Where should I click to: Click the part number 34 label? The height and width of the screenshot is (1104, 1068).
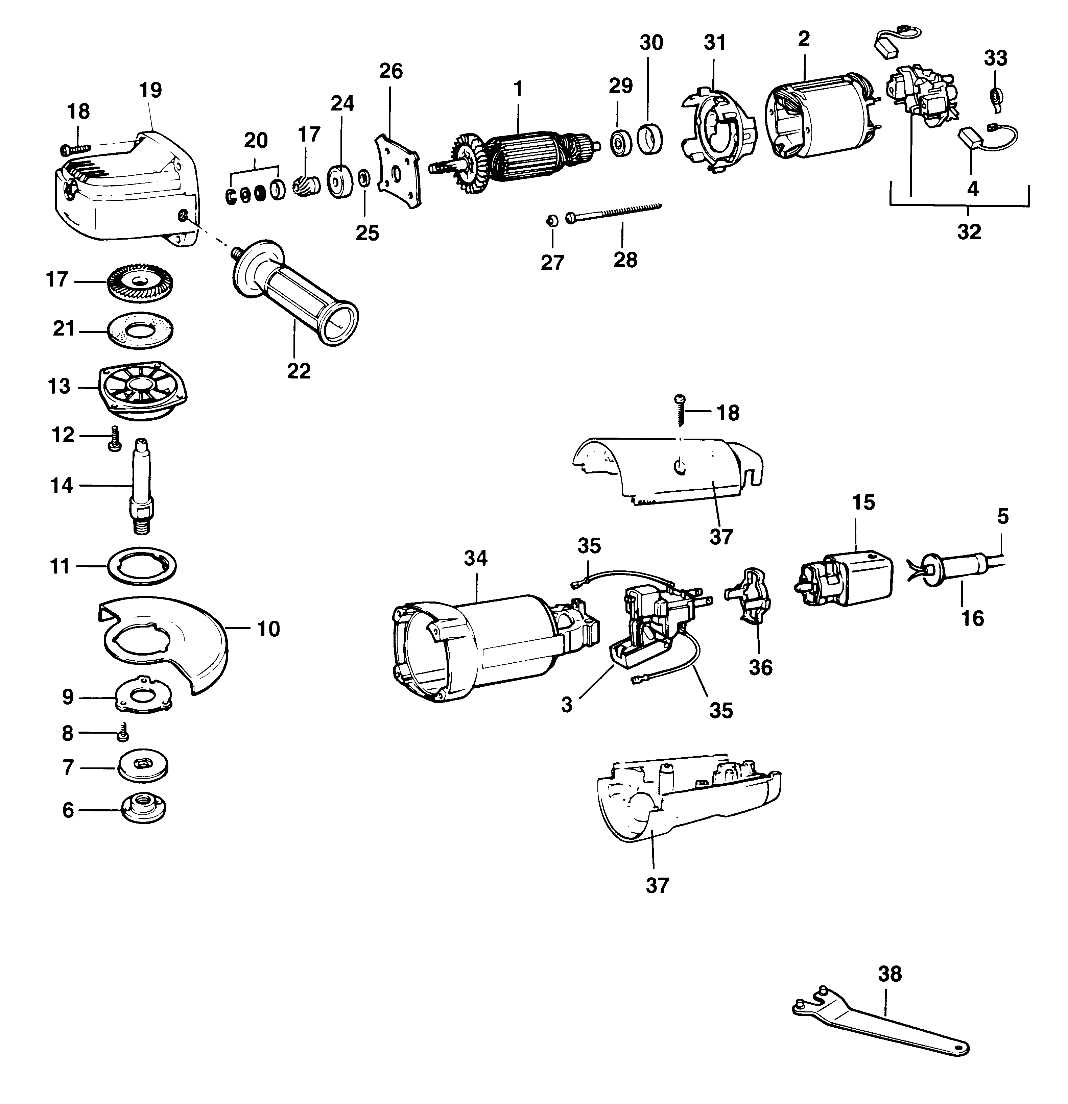pos(475,558)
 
